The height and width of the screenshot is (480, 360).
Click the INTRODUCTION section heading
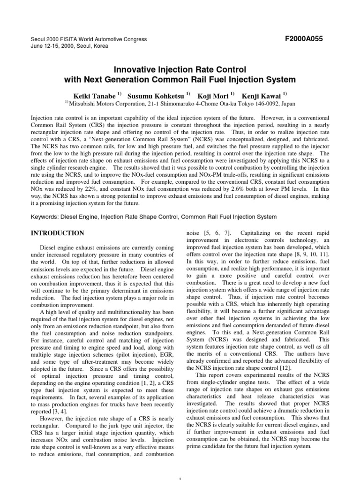click(x=57, y=233)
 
